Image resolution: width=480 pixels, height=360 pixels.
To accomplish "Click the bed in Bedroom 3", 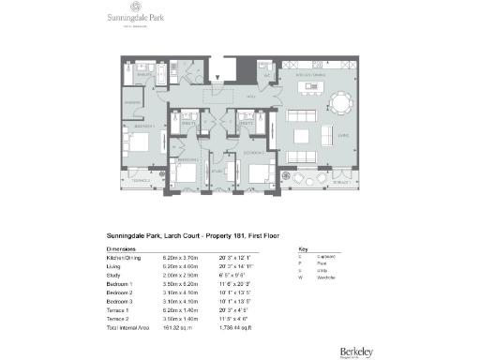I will click(257, 173).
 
